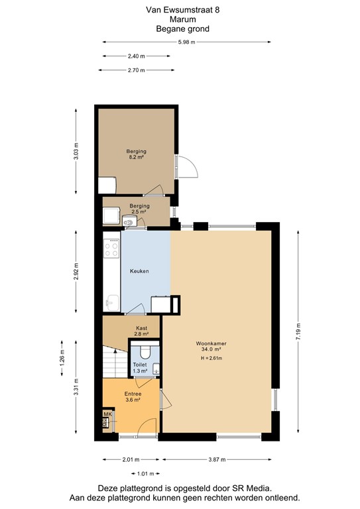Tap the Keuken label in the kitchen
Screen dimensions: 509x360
coord(139,271)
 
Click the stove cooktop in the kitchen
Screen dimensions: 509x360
coord(112,249)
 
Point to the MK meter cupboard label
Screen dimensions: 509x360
coord(106,414)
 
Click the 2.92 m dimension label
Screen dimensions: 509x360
coord(77,272)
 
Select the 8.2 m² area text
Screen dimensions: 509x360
coord(137,158)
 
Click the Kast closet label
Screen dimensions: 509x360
coord(141,328)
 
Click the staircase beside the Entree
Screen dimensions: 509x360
coord(112,364)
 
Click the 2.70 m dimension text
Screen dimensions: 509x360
coord(136,70)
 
